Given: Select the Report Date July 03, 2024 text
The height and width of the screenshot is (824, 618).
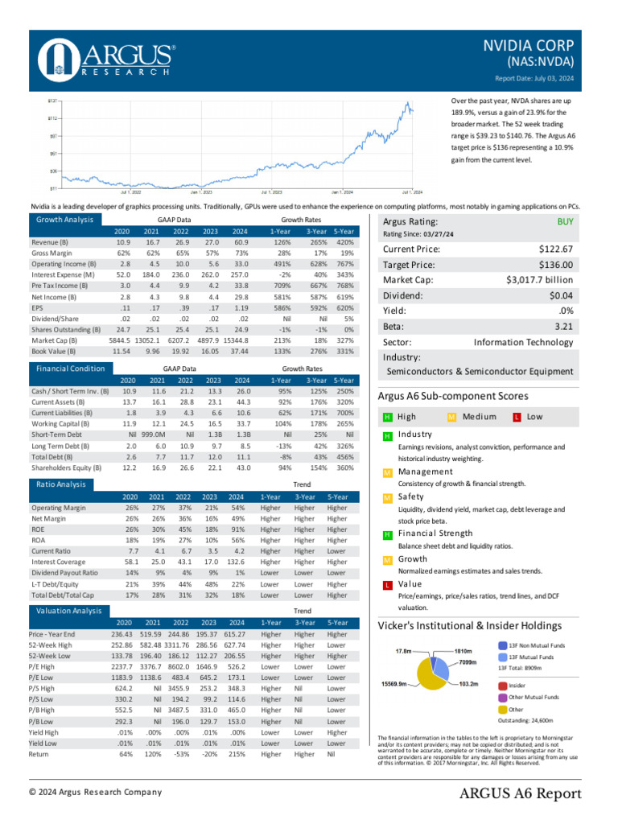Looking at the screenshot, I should pyautogui.click(x=534, y=78).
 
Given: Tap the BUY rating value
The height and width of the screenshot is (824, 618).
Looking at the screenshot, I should pyautogui.click(x=565, y=221).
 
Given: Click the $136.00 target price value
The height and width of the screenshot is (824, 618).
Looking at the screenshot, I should pyautogui.click(x=556, y=264).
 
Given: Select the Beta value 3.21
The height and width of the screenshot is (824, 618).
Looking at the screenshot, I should pyautogui.click(x=563, y=325).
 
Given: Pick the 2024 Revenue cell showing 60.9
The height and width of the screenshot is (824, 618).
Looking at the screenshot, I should pyautogui.click(x=237, y=242).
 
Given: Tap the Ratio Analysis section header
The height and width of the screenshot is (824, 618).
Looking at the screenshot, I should pyautogui.click(x=60, y=484).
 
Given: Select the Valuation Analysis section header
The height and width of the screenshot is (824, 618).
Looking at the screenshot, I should pyautogui.click(x=68, y=612).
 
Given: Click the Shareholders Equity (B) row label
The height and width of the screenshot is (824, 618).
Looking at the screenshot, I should pyautogui.click(x=66, y=468).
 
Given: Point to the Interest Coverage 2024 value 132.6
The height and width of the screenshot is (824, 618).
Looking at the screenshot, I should pyautogui.click(x=235, y=562).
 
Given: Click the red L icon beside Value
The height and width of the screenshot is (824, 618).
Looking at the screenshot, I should pyautogui.click(x=387, y=584).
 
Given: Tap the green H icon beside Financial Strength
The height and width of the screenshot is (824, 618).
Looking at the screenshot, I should pyautogui.click(x=387, y=534).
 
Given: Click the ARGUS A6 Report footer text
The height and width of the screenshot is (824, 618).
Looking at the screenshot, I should pyautogui.click(x=520, y=794).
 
